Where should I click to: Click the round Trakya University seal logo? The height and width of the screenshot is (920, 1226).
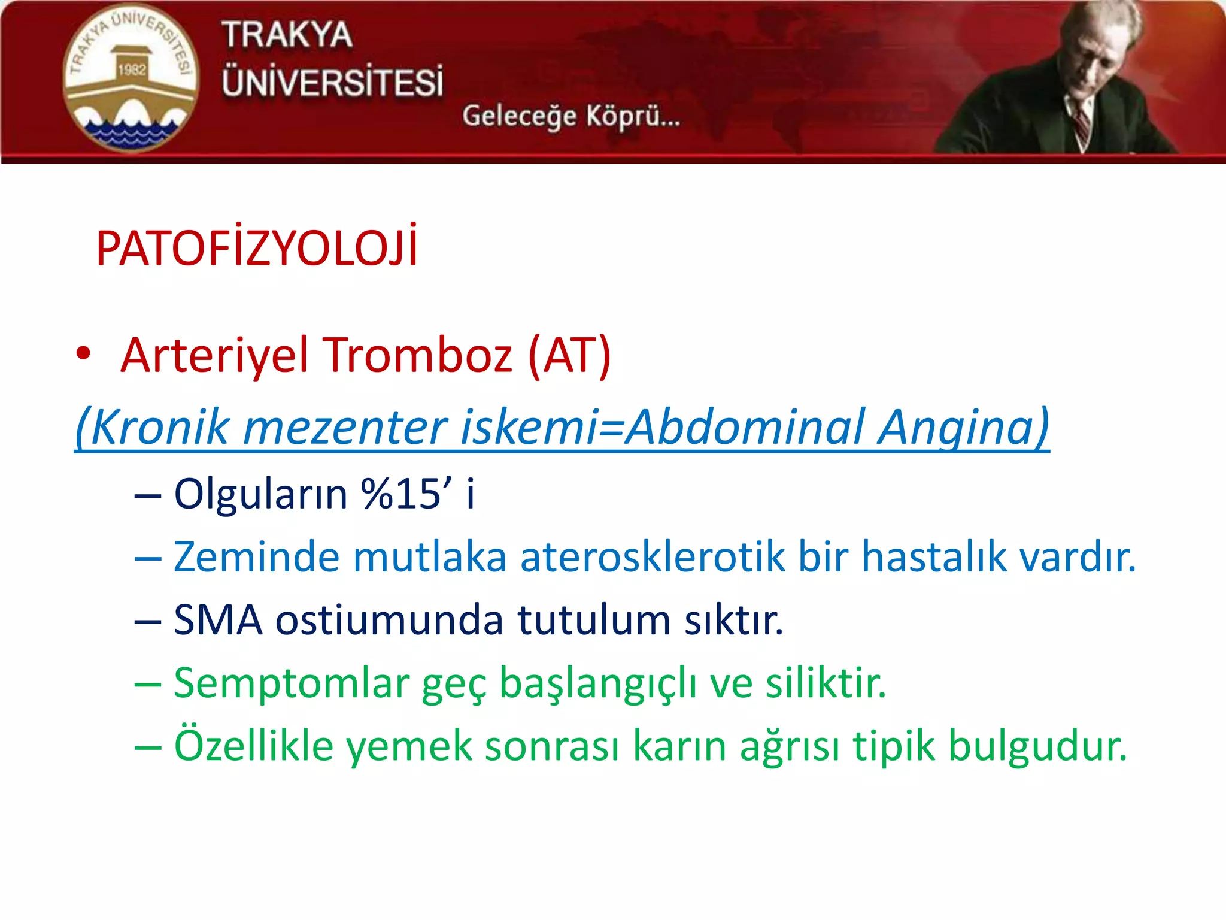click(x=131, y=78)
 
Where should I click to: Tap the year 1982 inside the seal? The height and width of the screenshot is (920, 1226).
click(x=132, y=70)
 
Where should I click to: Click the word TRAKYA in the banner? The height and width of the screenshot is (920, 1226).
click(x=287, y=35)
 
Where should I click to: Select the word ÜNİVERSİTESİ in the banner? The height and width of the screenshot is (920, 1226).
click(x=333, y=82)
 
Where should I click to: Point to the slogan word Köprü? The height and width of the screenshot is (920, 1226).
click(x=632, y=116)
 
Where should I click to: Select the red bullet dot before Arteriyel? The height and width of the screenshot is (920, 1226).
click(x=83, y=353)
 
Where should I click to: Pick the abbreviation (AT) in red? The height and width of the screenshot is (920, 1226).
click(x=569, y=355)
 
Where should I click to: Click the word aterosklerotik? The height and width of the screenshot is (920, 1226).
click(x=653, y=557)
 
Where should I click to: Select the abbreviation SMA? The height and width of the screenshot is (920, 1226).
click(x=218, y=620)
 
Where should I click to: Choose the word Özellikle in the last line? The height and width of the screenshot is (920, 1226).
click(x=253, y=746)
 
